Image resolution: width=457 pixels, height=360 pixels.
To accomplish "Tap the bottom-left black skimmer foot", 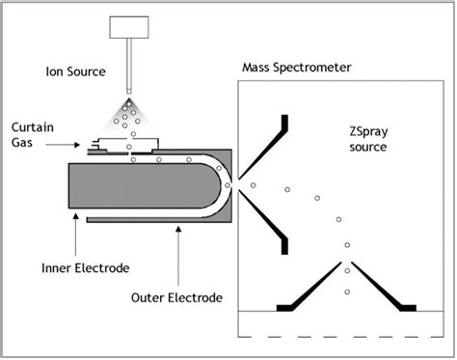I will (287, 307).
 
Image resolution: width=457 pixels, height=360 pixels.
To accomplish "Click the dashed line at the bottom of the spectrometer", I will (337, 335).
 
